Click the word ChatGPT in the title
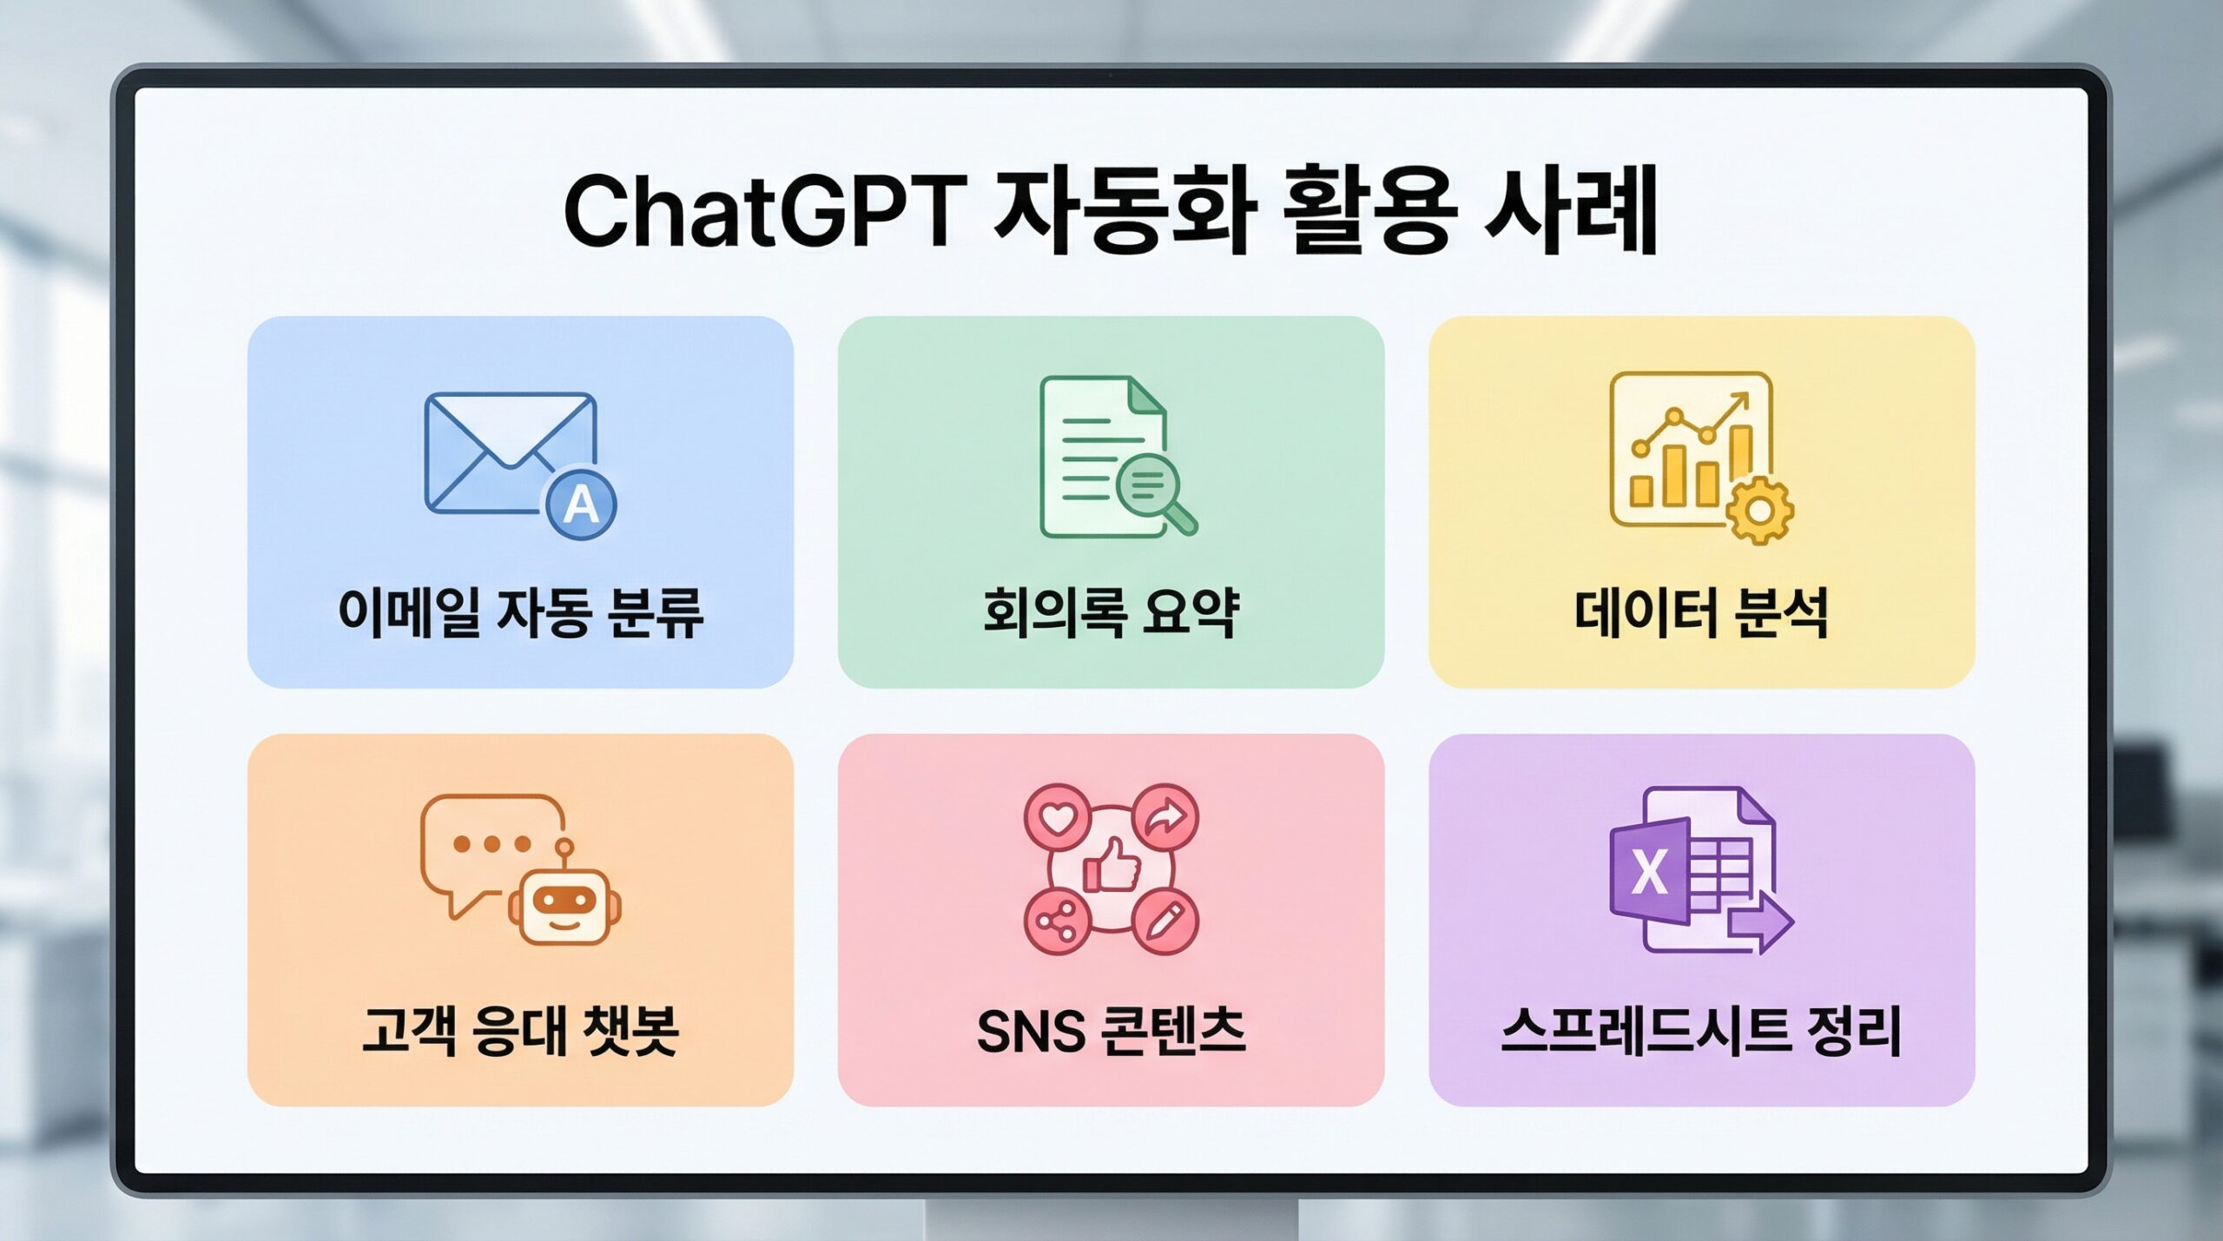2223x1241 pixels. pyautogui.click(x=765, y=211)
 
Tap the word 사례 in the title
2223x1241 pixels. pyautogui.click(x=1570, y=211)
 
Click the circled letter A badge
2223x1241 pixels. pyautogui.click(x=581, y=505)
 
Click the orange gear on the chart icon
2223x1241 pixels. pyautogui.click(x=1759, y=511)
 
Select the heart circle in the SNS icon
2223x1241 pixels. pyautogui.click(x=1058, y=818)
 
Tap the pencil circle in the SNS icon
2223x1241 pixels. pyautogui.click(x=1164, y=921)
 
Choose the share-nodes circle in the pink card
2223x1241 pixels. pyautogui.click(x=1058, y=921)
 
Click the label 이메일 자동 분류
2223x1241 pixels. pyautogui.click(x=521, y=613)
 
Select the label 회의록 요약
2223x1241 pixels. pyautogui.click(x=1111, y=613)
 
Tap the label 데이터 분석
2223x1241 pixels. pyautogui.click(x=1701, y=613)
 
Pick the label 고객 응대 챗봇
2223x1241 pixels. pyautogui.click(x=520, y=1031)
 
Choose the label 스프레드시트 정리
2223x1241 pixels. pyautogui.click(x=1701, y=1031)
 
